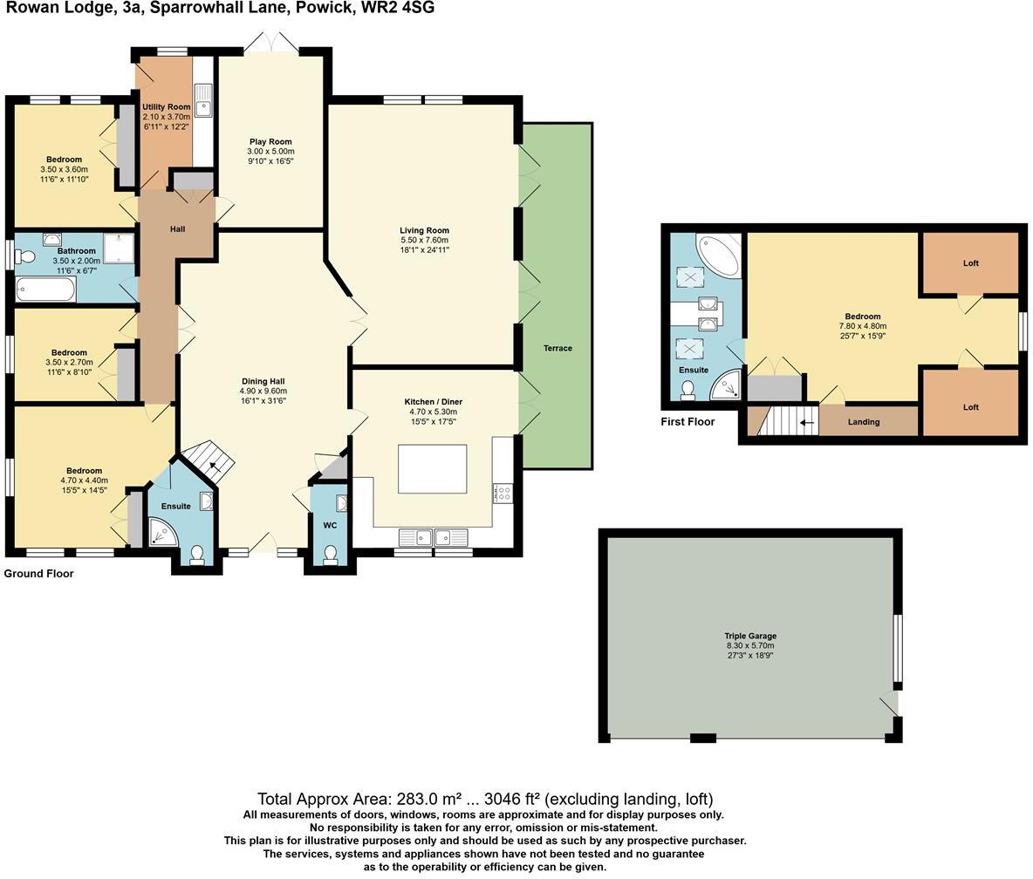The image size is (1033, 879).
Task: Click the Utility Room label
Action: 166,107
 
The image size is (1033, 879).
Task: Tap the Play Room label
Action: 270,141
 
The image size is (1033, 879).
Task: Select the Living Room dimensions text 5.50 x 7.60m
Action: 424,241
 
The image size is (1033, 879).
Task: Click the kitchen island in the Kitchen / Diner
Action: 432,468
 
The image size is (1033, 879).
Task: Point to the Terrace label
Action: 558,348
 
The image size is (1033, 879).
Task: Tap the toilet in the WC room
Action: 331,555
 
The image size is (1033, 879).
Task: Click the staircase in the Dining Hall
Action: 212,463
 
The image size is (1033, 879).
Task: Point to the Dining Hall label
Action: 263,381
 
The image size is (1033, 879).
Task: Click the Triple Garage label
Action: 749,637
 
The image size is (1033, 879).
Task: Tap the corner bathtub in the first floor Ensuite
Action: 718,253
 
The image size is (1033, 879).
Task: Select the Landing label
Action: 864,422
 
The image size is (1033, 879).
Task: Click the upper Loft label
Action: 971,262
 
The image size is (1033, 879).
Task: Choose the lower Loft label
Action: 971,407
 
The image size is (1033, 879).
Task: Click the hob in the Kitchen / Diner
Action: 502,494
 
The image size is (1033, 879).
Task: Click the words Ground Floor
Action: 39,574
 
